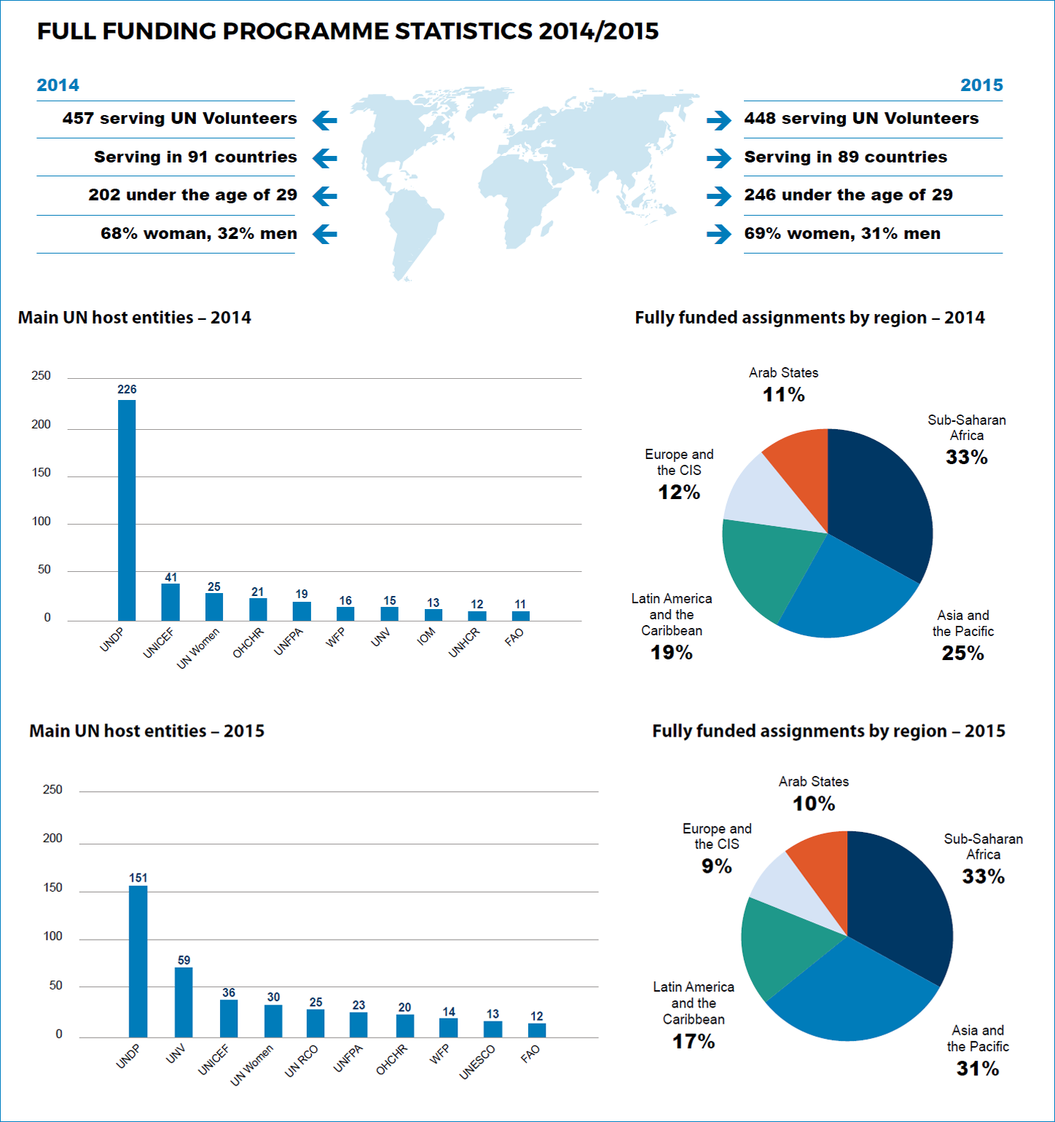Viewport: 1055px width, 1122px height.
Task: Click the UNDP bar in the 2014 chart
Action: [x=127, y=510]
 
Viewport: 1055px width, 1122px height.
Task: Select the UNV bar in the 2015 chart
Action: [x=184, y=1002]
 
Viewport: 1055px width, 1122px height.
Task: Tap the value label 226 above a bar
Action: [x=127, y=390]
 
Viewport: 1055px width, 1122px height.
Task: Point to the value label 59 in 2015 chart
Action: [x=184, y=960]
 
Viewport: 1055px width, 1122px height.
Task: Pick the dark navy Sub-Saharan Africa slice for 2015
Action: [x=900, y=903]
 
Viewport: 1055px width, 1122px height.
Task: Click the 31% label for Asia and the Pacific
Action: [x=977, y=1069]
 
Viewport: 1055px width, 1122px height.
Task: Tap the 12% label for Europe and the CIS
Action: [x=678, y=493]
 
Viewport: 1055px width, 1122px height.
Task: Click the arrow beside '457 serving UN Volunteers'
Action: [x=325, y=120]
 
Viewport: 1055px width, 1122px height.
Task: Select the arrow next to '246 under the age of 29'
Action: [x=718, y=196]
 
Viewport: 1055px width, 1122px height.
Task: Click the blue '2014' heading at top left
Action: [x=58, y=85]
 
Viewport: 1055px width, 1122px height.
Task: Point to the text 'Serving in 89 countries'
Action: [x=845, y=157]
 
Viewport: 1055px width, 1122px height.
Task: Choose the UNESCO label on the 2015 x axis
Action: [x=478, y=1062]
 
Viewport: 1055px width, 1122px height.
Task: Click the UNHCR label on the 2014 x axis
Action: [x=464, y=642]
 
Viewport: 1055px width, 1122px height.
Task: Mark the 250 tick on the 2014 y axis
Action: [x=41, y=376]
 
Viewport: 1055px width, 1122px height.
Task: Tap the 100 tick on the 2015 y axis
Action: [x=52, y=936]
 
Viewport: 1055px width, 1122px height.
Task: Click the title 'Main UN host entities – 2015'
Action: [x=146, y=731]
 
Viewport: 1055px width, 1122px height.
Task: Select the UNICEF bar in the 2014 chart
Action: [x=170, y=602]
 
